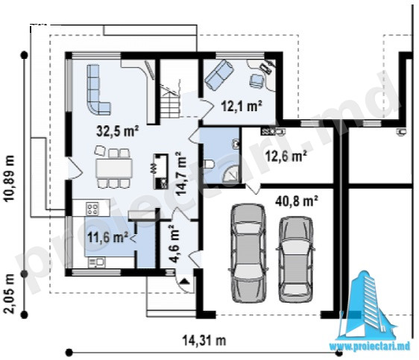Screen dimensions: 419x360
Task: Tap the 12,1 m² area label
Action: coord(242,107)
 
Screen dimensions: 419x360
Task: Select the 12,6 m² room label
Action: coord(286,156)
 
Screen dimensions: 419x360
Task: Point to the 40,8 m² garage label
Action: coord(297,200)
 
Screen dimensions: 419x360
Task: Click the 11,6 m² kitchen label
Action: coord(107,238)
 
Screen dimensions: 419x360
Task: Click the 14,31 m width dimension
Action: coord(204,341)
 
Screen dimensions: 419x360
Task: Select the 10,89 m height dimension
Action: coord(10,178)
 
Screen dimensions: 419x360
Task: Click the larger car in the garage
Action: coord(248,253)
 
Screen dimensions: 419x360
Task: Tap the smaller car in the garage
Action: coord(296,259)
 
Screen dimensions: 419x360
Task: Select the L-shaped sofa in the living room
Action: coord(98,89)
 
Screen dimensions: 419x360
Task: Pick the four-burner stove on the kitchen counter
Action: coord(92,209)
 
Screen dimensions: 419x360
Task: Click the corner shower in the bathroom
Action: coord(230,174)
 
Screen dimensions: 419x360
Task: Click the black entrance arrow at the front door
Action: coord(184,281)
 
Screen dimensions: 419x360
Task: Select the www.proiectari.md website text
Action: coord(370,347)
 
